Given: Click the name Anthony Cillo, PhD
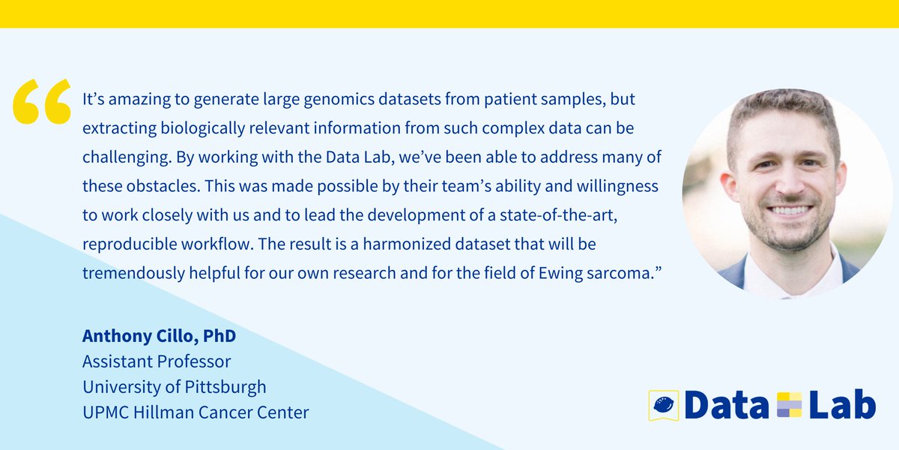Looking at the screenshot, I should [x=159, y=335].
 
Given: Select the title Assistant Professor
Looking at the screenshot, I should [x=157, y=361].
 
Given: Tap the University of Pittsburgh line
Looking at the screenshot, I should [x=174, y=387].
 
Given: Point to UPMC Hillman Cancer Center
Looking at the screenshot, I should [x=196, y=412].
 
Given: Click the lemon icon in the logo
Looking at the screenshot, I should [x=663, y=405].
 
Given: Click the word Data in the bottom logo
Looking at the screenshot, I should [x=726, y=405].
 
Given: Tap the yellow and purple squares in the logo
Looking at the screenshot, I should [x=790, y=405].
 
